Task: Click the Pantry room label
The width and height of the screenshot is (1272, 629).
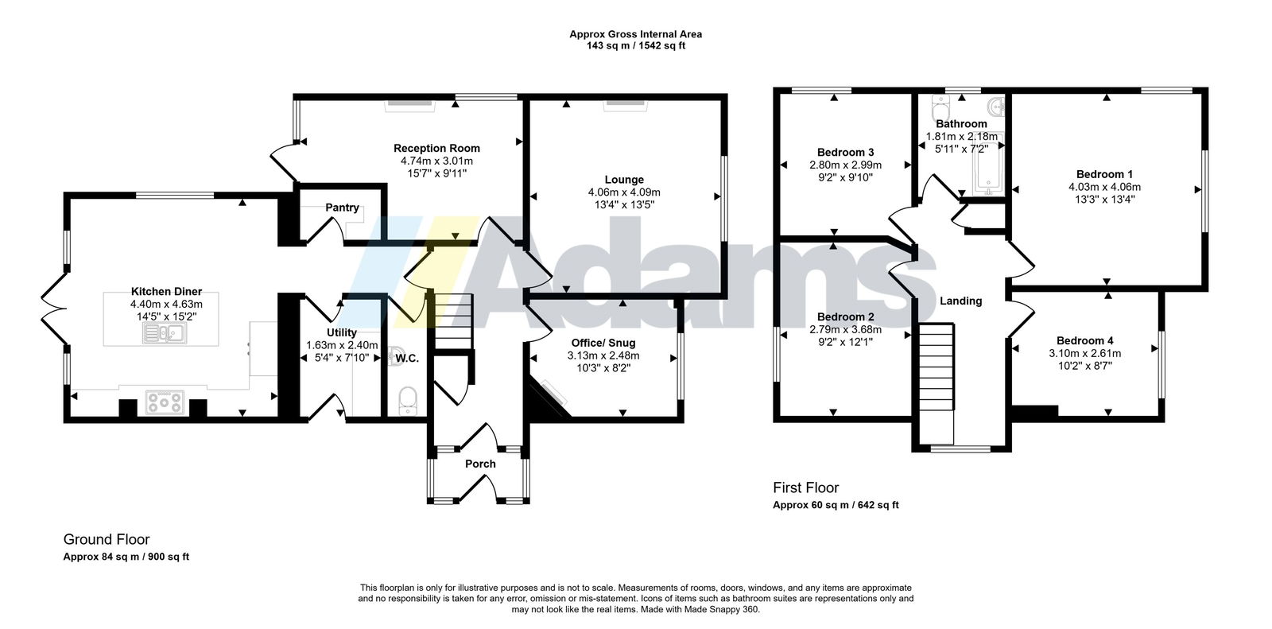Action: click(x=342, y=208)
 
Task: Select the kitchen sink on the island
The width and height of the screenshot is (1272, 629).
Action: click(x=164, y=333)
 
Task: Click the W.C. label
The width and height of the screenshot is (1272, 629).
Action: click(x=406, y=358)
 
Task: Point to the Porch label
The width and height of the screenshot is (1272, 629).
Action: click(x=480, y=464)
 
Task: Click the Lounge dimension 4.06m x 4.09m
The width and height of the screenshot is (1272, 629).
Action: click(x=624, y=192)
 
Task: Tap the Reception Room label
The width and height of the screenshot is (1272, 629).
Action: click(x=436, y=148)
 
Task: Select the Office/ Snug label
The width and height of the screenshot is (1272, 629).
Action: click(x=603, y=343)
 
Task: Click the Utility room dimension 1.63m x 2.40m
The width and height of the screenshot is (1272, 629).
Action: click(x=342, y=345)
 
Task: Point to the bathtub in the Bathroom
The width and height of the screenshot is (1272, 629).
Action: click(x=989, y=163)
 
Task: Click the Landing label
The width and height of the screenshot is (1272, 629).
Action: click(x=961, y=301)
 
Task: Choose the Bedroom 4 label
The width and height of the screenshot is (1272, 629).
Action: click(x=1084, y=340)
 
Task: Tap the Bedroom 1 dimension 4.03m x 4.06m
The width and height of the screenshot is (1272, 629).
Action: click(x=1104, y=186)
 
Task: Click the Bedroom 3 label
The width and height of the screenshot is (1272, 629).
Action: click(x=846, y=152)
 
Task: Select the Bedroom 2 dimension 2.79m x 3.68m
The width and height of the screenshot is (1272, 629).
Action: click(x=846, y=329)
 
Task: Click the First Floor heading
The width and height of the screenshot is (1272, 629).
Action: click(x=806, y=487)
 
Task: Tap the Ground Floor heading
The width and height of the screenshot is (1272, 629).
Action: click(x=107, y=539)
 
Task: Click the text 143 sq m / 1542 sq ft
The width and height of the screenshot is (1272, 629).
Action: click(x=636, y=45)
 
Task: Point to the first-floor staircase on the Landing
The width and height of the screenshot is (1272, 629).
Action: click(x=937, y=383)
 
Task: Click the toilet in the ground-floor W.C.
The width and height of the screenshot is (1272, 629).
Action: click(x=408, y=401)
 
